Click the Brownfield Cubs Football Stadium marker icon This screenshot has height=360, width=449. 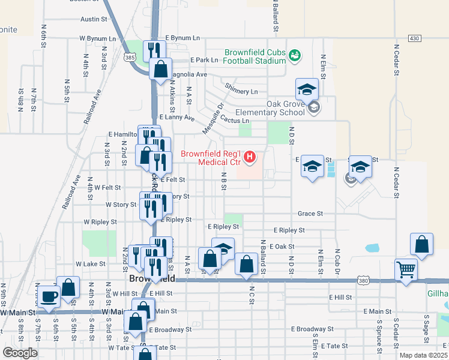(x=294, y=56)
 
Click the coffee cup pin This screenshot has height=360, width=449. (x=49, y=296)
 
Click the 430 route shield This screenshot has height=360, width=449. (x=414, y=38)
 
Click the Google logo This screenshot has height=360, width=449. (x=20, y=353)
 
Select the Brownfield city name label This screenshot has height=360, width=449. (x=152, y=280)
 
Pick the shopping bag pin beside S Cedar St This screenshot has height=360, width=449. (x=422, y=244)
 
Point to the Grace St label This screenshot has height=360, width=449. (x=310, y=214)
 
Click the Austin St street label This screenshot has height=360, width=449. (x=93, y=19)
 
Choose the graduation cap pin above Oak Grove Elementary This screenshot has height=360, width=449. (x=307, y=90)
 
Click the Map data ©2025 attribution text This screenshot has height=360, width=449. (x=424, y=355)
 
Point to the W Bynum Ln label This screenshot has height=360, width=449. (x=101, y=38)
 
